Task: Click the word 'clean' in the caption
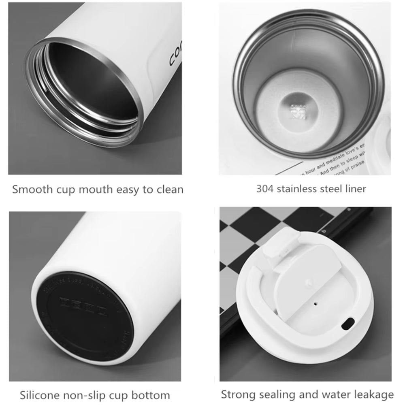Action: click(168, 189)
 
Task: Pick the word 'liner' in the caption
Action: click(355, 188)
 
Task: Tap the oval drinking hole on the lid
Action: click(347, 323)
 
